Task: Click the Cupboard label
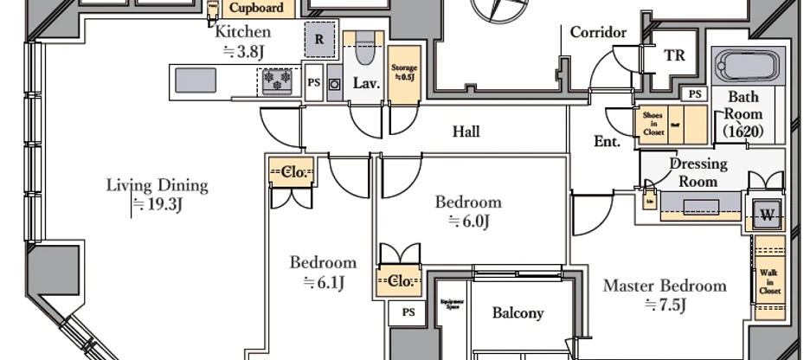click(256, 9)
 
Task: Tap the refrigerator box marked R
click(318, 40)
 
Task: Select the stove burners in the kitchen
click(280, 80)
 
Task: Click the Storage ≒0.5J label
click(404, 71)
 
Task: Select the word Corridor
click(598, 32)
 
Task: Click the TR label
click(674, 55)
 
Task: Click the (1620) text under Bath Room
click(743, 132)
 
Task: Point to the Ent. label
click(607, 142)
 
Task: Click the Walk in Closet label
click(768, 281)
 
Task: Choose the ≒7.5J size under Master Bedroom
click(665, 305)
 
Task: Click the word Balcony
click(517, 312)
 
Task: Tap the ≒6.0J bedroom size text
click(468, 222)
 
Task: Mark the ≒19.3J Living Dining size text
click(157, 205)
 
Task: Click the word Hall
click(466, 132)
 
